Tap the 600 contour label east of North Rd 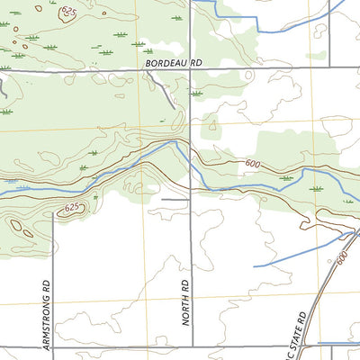[x=253, y=163]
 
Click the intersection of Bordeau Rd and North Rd [x=191, y=69]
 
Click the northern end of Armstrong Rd [x=53, y=219]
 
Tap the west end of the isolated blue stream [x=255, y=266]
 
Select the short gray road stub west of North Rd [x=173, y=199]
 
